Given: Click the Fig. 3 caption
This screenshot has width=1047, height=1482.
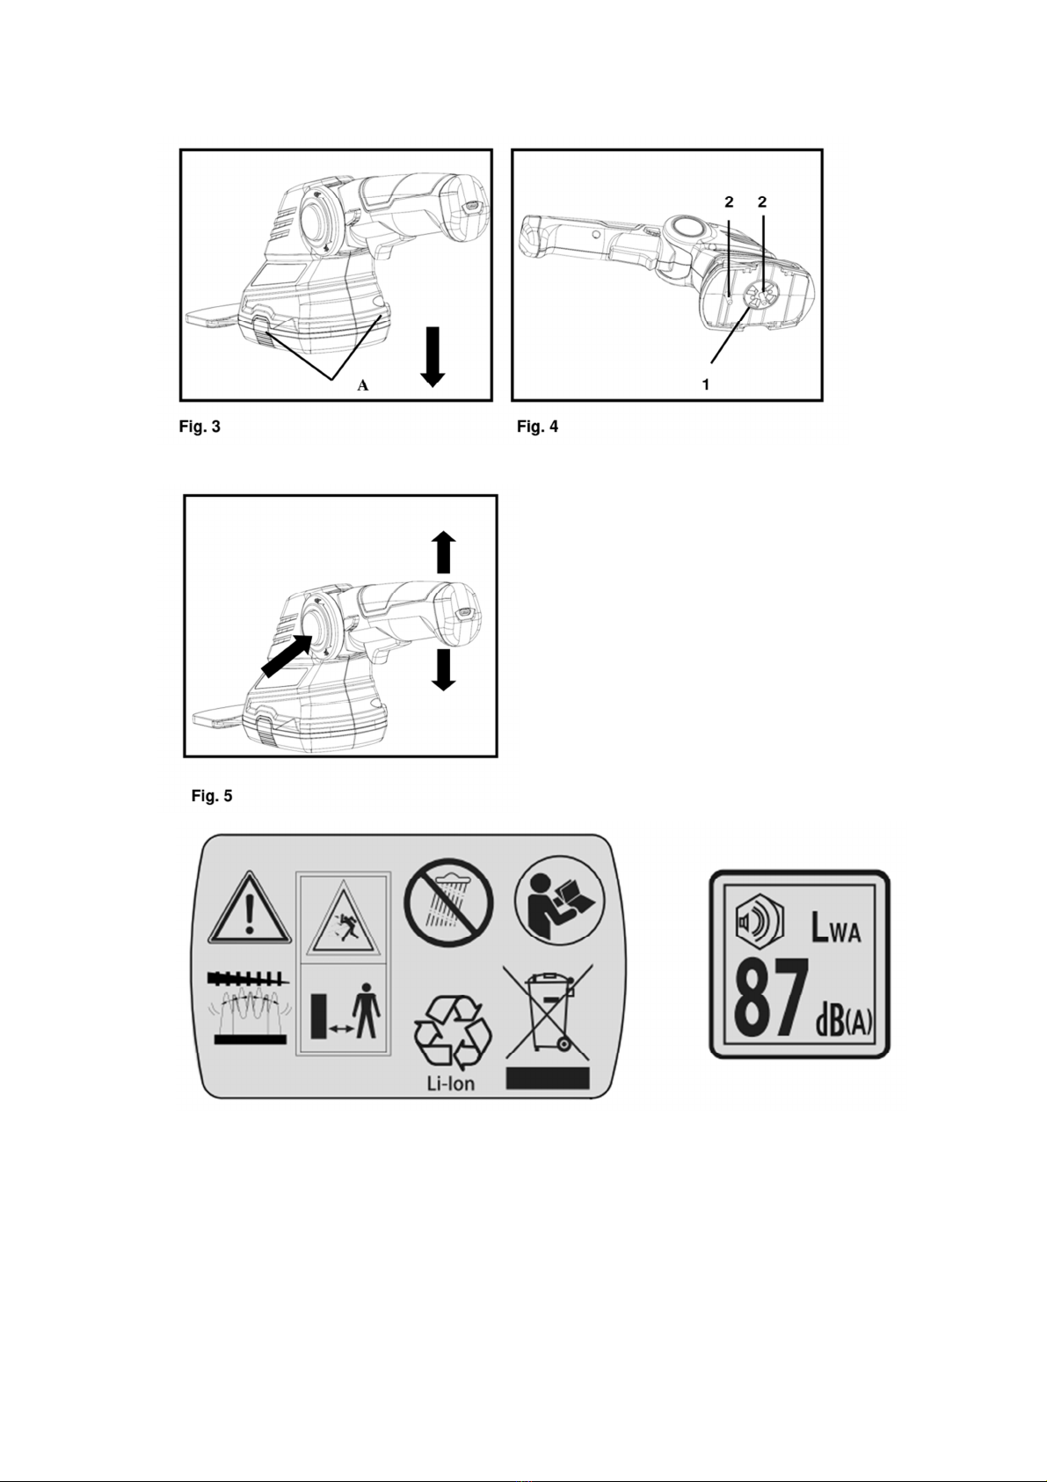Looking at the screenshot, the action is coord(200,427).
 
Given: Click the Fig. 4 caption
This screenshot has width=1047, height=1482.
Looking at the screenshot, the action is coord(538,427).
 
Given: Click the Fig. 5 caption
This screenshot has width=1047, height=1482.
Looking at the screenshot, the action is coord(212,796).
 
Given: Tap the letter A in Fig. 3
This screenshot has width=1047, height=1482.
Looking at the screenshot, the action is coord(362,385).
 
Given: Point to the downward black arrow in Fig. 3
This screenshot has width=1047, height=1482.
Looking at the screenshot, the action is coord(433,356).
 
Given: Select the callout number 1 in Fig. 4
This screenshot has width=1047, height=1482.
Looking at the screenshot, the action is coord(707,384).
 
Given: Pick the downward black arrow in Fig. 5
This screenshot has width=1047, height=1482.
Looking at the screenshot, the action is coord(444,670).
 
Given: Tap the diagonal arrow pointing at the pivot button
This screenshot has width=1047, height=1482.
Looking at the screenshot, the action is coord(287,655).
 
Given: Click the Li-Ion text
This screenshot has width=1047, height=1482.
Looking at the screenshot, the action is coord(450,1084).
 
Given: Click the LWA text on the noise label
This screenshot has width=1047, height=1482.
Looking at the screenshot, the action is coord(836,928).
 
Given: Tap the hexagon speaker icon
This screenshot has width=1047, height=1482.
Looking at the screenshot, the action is coord(760,920).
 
